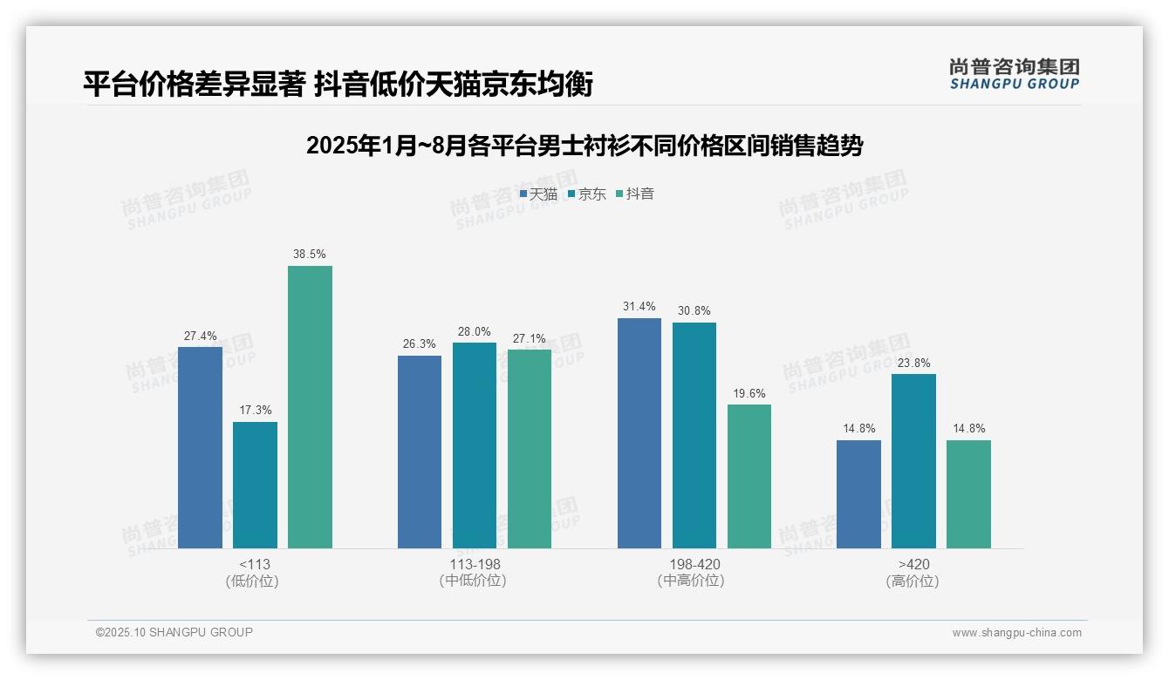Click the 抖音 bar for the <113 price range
(x=310, y=407)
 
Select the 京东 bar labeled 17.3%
(x=255, y=485)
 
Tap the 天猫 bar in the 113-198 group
(x=420, y=452)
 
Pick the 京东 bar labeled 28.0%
(x=475, y=445)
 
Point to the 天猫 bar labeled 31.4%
(x=639, y=433)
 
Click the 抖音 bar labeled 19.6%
(x=749, y=476)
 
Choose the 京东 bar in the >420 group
(x=913, y=461)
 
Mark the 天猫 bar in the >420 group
(x=858, y=494)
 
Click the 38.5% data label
(x=310, y=255)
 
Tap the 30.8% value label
(x=694, y=311)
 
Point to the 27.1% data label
(x=530, y=338)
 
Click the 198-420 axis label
(x=694, y=564)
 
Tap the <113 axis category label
(x=255, y=564)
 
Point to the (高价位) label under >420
(x=913, y=581)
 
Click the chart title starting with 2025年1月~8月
(x=584, y=146)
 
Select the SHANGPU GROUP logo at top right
(x=1014, y=74)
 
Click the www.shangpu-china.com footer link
(x=1016, y=633)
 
